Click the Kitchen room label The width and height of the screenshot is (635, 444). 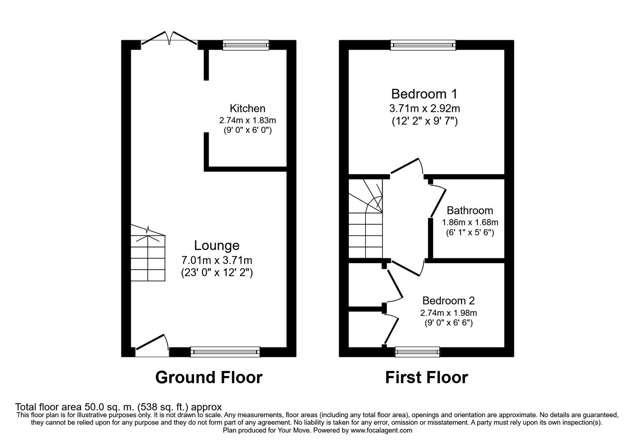click(247, 108)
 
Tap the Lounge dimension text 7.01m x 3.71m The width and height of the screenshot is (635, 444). click(217, 260)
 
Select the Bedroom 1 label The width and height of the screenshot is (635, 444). click(424, 94)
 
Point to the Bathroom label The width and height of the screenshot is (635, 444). click(470, 211)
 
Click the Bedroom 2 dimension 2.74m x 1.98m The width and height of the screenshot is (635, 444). click(448, 313)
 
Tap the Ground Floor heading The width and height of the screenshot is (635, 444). click(209, 377)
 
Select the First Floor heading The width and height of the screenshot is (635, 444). click(426, 377)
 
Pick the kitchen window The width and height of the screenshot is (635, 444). click(246, 45)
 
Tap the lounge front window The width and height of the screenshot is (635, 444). click(225, 352)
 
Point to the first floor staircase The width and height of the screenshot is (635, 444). click(366, 220)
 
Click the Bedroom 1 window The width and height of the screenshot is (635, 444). click(423, 45)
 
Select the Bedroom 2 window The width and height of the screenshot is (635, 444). click(418, 352)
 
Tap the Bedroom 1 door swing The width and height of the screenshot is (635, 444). click(407, 166)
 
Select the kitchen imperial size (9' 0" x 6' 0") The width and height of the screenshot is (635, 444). click(247, 130)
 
